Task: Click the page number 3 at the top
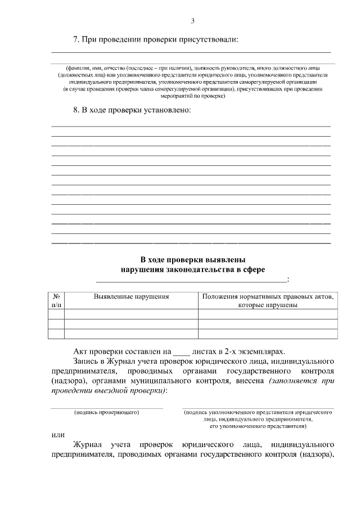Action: click(192, 21)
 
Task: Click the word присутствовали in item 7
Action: click(209, 39)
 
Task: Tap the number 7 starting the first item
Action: click(76, 39)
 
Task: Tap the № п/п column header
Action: click(56, 300)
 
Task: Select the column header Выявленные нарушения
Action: click(131, 296)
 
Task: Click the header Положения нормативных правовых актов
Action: click(267, 296)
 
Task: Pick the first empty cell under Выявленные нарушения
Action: click(131, 314)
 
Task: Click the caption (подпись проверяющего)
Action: click(107, 412)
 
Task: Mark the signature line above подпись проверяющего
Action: click(107, 408)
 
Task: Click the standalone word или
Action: click(57, 434)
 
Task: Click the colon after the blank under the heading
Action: click(288, 280)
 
